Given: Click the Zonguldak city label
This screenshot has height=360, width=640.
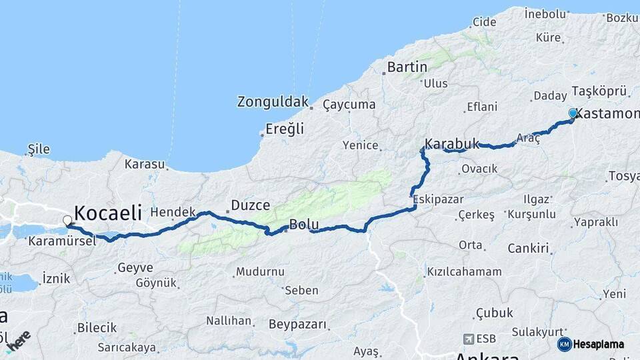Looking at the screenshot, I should pyautogui.click(x=273, y=102).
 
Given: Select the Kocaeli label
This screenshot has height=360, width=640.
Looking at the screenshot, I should pyautogui.click(x=108, y=213).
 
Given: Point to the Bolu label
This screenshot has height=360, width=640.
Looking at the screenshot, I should pyautogui.click(x=304, y=225).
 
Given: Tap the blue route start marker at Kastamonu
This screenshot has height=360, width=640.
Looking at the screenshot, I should pyautogui.click(x=573, y=113).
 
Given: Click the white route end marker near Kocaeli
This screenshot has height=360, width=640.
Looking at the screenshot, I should pyautogui.click(x=67, y=220).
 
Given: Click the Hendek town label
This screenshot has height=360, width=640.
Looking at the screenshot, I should pyautogui.click(x=173, y=212).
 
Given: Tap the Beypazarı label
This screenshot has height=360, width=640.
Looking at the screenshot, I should pyautogui.click(x=298, y=325).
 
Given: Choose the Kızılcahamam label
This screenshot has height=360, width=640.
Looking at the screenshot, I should pyautogui.click(x=464, y=272).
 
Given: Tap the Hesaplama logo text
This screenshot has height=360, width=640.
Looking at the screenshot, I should pyautogui.click(x=599, y=344).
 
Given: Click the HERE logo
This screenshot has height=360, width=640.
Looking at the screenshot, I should pyautogui.click(x=18, y=339).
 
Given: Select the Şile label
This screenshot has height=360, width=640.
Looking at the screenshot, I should pyautogui.click(x=38, y=149).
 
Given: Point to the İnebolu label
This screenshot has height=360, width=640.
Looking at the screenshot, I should pyautogui.click(x=545, y=13).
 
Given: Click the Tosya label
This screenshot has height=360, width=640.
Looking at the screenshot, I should pyautogui.click(x=623, y=177).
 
